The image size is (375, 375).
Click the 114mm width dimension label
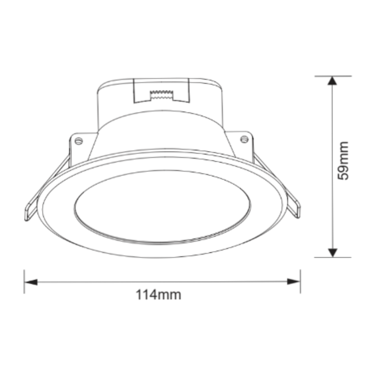point(158,295)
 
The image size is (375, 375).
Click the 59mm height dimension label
point(343,160)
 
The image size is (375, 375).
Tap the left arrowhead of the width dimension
point(31,281)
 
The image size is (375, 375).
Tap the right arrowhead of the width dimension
point(294,281)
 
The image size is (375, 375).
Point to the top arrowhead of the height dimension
point(331,81)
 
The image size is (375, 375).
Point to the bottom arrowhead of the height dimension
point(331,252)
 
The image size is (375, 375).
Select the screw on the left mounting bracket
point(78,141)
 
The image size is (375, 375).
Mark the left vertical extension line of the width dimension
point(24,281)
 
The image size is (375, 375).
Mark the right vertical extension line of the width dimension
point(300,281)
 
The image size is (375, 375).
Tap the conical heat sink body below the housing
point(161,131)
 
